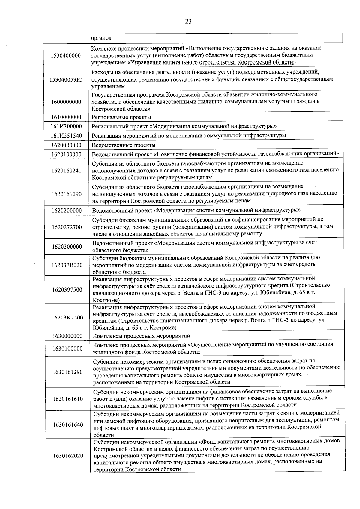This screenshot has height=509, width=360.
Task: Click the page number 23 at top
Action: coord(188,21)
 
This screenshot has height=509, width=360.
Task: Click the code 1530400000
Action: coord(66,55)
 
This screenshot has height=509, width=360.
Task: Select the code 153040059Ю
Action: coord(66,79)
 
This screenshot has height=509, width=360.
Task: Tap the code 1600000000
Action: coord(66,102)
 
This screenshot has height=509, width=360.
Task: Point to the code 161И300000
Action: coord(66,126)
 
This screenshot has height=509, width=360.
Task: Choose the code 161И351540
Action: coord(66,136)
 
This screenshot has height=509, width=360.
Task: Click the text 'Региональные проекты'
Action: coord(121,117)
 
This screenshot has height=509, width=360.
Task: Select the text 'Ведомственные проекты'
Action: coord(123,145)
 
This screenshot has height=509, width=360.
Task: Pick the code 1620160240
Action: coord(66,171)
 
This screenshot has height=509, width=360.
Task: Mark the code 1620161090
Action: coord(66,194)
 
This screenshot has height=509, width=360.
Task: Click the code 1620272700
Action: coord(67,227)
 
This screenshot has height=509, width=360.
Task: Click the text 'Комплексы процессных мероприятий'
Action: coord(141,336)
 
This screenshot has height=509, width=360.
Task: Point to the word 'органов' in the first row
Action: coord(101,38)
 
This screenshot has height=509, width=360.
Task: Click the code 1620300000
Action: coord(67,247)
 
